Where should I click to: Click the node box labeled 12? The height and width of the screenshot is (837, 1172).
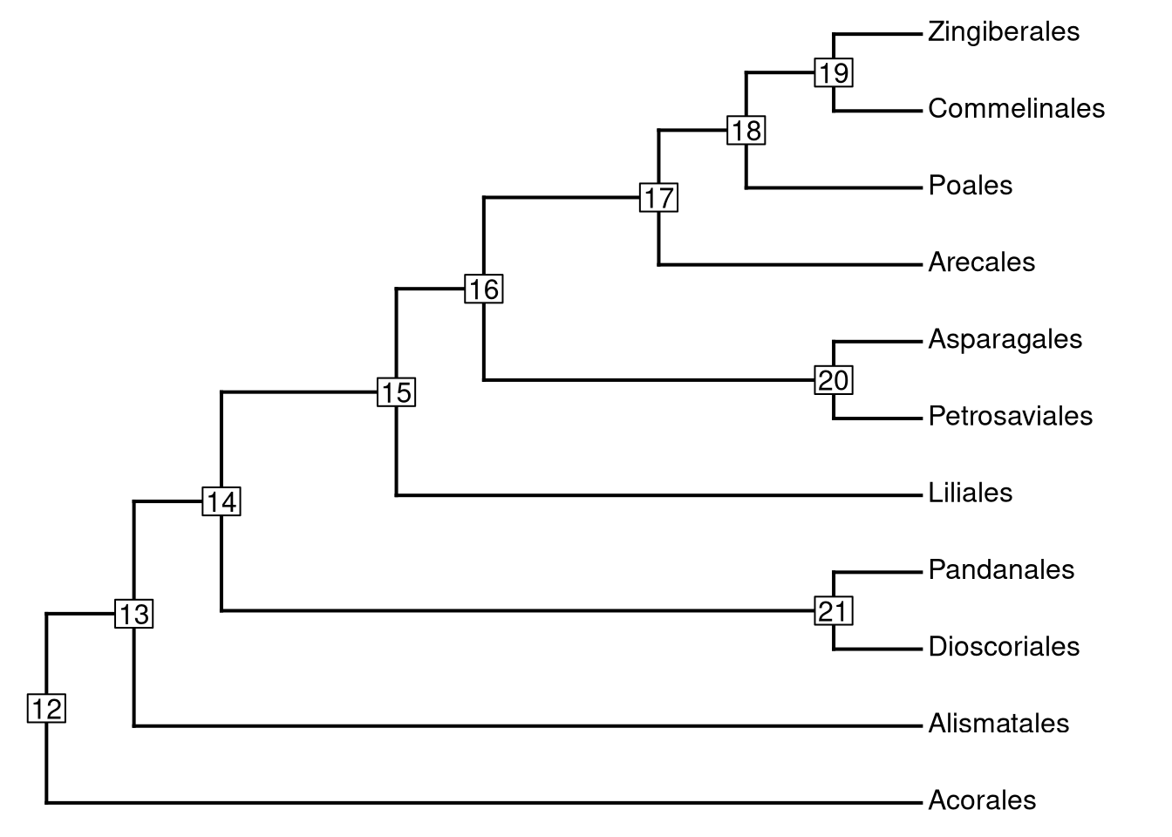46,708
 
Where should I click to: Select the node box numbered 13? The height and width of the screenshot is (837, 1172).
134,614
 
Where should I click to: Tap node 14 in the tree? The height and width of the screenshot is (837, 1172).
221,501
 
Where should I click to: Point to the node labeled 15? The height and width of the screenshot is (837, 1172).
396,392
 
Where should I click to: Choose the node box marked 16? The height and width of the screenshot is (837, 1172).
484,289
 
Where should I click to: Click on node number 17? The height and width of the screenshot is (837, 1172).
658,198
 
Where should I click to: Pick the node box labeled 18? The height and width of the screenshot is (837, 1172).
746,130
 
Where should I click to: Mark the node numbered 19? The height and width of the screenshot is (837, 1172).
834,72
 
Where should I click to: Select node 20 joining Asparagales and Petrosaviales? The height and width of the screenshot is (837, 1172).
834,380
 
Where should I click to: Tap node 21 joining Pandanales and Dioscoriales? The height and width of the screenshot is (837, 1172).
834,610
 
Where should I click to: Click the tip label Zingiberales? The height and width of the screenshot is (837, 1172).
1003,32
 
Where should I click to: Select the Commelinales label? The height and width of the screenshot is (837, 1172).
1016,109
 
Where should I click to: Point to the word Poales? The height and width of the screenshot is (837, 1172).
970,186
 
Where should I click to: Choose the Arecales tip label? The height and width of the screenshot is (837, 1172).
981,262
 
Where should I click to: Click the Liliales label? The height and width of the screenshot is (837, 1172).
970,493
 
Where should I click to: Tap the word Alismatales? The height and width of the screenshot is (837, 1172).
998,724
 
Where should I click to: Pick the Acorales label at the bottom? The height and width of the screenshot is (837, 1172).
982,800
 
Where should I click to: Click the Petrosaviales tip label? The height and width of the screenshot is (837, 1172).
1010,416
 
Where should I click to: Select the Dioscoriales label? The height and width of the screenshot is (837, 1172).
1004,647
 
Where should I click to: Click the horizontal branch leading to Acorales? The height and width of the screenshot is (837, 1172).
480,802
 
